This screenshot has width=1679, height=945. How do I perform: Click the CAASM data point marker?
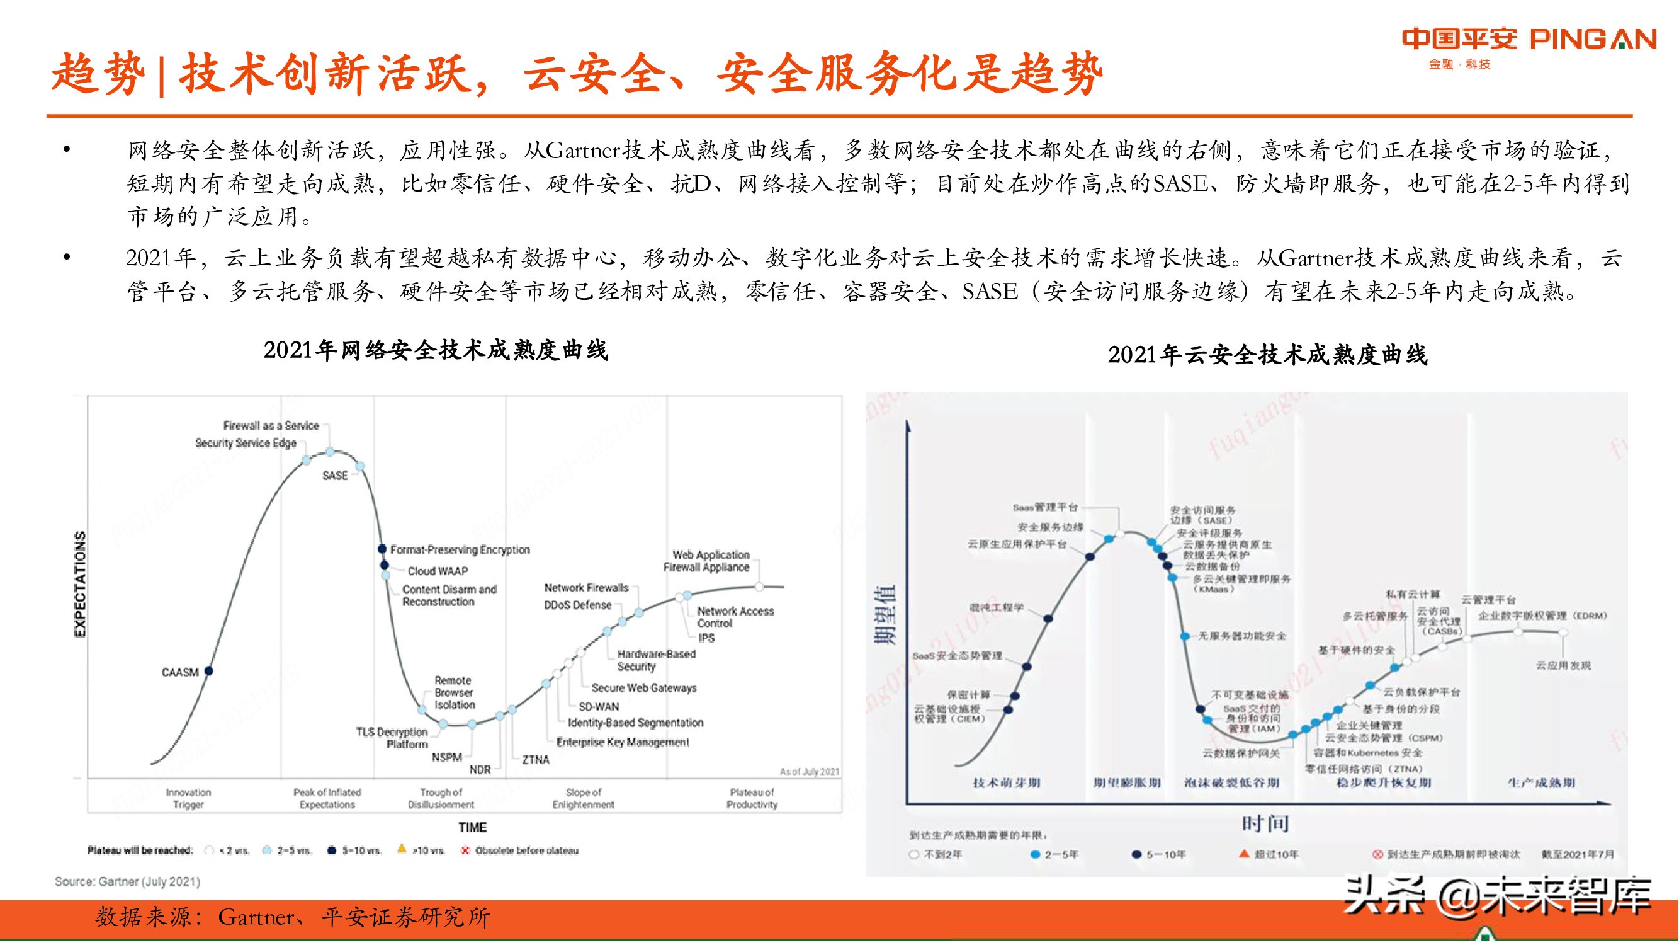tap(208, 670)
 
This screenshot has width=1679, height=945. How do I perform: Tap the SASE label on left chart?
tap(335, 476)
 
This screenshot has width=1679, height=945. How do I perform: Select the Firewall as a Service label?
tap(271, 425)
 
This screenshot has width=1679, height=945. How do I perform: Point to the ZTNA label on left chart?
tap(536, 759)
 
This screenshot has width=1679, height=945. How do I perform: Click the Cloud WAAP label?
tap(438, 571)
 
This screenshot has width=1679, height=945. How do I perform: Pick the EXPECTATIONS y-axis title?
tap(80, 584)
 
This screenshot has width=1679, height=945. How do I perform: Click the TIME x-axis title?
tap(472, 827)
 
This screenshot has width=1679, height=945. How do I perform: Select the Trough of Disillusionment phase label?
tap(441, 798)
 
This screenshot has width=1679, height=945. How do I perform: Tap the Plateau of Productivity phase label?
tap(752, 798)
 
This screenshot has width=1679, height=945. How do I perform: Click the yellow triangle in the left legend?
tap(402, 849)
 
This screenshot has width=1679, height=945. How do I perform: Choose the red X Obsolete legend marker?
tap(465, 850)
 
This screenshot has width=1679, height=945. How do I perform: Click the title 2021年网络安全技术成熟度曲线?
tap(436, 350)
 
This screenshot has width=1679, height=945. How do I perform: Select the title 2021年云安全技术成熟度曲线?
tap(1267, 355)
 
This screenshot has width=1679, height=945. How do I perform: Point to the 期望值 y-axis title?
tap(885, 614)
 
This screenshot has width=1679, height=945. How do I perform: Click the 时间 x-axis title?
tap(1265, 823)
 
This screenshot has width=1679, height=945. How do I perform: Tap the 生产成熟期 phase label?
tap(1541, 782)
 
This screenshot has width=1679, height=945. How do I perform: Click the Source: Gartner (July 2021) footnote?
tap(127, 881)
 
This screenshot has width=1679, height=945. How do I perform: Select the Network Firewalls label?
tap(586, 588)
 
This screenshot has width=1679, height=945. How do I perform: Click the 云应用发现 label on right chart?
tap(1563, 665)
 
